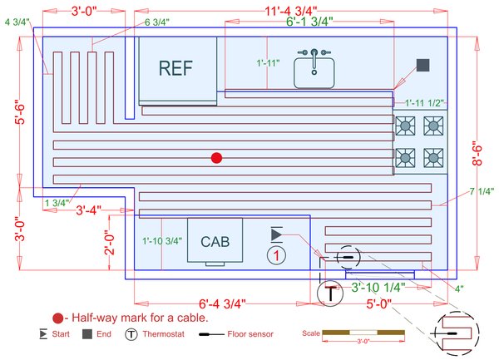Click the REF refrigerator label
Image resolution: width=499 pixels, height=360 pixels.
[175, 69]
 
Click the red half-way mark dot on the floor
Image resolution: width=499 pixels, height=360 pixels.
[216, 157]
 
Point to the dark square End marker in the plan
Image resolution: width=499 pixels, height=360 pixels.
[422, 66]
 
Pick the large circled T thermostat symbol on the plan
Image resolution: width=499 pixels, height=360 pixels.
[331, 293]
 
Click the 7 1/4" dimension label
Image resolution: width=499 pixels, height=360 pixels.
[482, 191]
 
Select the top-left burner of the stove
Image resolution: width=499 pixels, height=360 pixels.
[406, 126]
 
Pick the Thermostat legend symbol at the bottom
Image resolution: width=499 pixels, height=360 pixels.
[131, 335]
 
